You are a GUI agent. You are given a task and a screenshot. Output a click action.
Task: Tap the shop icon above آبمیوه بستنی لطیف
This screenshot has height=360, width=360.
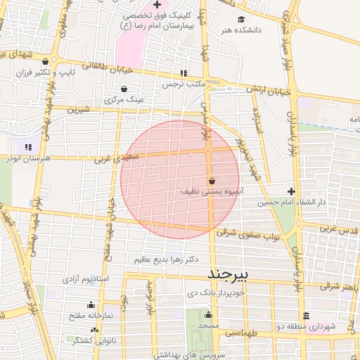(212, 181)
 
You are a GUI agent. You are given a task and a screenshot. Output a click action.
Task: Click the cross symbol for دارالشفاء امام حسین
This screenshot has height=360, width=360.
(292, 191)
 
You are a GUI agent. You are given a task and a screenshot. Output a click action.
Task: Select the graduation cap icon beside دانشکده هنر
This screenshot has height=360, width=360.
(241, 19)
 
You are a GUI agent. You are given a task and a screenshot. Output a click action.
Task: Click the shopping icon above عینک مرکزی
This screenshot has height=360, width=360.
(124, 89)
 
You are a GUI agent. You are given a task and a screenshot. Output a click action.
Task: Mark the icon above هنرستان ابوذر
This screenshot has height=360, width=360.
(28, 147)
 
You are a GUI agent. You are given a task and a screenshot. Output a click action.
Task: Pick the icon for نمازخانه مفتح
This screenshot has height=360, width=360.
(90, 305)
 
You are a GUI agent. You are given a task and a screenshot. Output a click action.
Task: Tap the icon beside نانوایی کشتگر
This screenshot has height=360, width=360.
(95, 330)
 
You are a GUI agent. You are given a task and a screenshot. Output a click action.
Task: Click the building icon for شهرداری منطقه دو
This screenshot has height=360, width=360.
(305, 316)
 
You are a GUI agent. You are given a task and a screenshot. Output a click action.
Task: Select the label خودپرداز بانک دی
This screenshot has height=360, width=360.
(216, 291)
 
